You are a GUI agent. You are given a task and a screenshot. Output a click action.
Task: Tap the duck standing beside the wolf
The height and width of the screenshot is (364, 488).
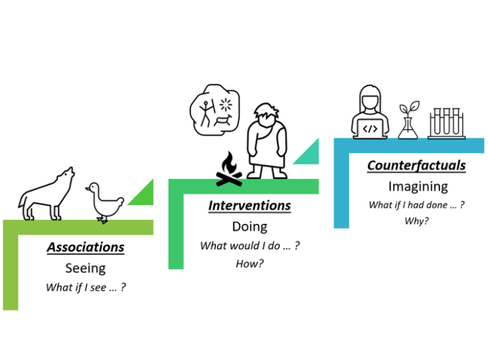coord(104,201)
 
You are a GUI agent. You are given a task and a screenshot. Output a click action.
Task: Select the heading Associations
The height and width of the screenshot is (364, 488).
coord(85,247)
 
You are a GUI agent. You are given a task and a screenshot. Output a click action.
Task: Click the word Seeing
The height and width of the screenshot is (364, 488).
coord(85,268)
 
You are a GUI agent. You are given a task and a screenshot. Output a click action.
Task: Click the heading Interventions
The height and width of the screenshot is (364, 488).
coord(250,206)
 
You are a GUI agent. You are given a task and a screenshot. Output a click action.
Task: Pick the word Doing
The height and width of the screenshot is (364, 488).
coord(250,226)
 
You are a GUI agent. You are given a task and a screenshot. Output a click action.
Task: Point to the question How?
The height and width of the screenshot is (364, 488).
coord(250,264)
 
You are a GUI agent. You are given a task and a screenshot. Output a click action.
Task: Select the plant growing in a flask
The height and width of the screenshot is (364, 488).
coord(409,119)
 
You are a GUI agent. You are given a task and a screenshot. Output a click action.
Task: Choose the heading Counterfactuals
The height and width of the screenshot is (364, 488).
coord(416,166)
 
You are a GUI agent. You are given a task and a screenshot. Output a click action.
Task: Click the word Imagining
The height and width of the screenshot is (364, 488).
coord(417,186)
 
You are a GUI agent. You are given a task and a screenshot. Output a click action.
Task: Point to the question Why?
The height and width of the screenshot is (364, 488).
coord(417,221)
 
